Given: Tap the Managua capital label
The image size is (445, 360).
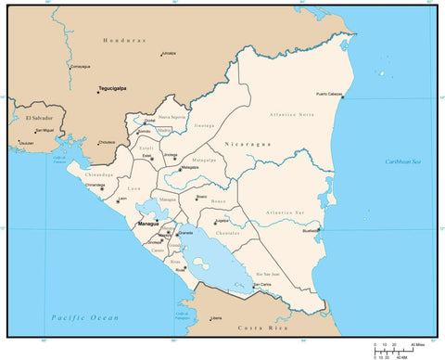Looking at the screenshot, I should tap(148, 225).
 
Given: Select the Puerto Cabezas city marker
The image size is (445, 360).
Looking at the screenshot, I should tap(341, 97).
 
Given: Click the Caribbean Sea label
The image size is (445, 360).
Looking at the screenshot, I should tap(403, 162).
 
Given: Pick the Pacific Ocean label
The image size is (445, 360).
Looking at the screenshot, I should tap(85, 318).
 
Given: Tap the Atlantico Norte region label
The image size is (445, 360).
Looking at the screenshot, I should tap(292, 114).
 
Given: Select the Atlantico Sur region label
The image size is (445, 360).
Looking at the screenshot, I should tap(284, 213).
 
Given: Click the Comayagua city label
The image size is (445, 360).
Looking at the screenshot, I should tap(80, 66).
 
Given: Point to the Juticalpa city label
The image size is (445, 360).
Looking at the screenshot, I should tap(168, 53).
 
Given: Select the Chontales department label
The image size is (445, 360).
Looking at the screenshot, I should tap(228, 233).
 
